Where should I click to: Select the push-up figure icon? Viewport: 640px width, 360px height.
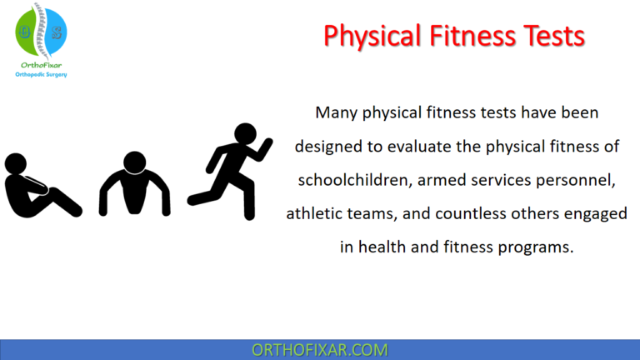(x=134, y=184)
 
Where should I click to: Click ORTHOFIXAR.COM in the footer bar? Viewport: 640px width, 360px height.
(x=320, y=349)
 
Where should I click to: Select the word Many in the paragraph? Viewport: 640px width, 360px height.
(x=337, y=112)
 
